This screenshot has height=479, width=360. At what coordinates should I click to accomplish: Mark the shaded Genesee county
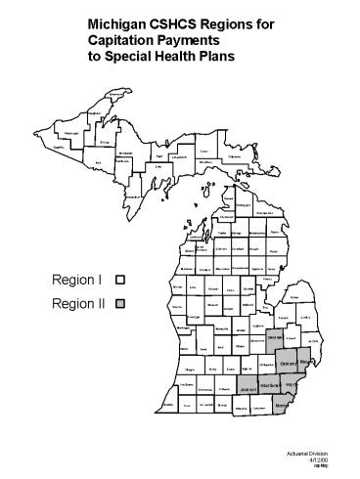coord(275,337)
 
